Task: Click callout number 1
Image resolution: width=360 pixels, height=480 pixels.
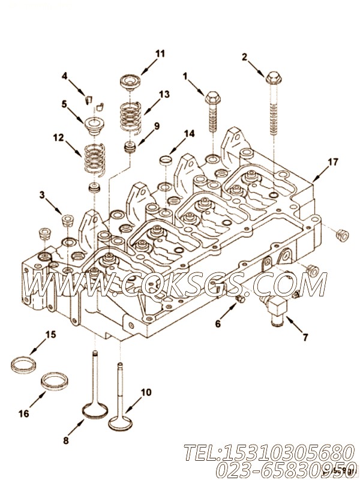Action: tap(185, 76)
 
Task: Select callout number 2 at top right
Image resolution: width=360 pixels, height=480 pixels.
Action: tap(244, 57)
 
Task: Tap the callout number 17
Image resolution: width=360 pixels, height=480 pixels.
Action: tap(332, 161)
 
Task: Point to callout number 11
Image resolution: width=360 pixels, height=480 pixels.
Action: tap(159, 53)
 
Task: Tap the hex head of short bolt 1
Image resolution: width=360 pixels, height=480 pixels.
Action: tap(212, 97)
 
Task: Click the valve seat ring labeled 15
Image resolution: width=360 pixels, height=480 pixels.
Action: tap(23, 364)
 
